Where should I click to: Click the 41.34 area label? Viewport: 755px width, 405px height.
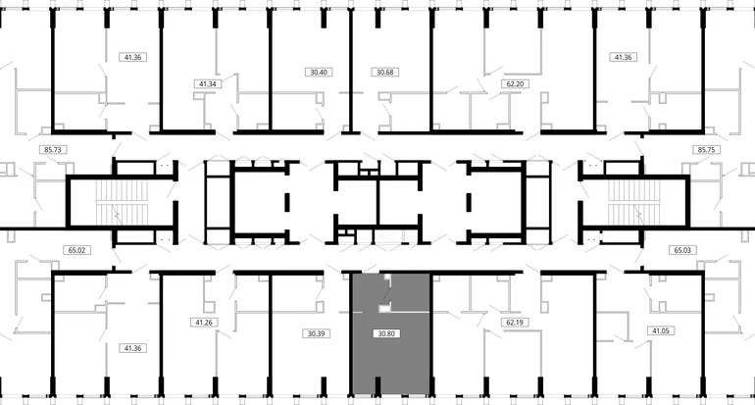click(x=208, y=83)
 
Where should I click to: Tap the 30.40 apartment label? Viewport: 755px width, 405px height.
click(x=319, y=73)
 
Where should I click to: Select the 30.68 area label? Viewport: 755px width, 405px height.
click(x=385, y=73)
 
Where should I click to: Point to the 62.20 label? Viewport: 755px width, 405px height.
click(x=515, y=83)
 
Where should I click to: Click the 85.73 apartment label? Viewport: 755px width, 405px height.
click(x=53, y=150)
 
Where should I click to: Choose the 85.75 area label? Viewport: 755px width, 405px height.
click(x=706, y=150)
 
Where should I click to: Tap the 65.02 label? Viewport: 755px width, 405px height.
click(x=76, y=250)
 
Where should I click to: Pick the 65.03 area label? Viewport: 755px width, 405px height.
click(x=682, y=250)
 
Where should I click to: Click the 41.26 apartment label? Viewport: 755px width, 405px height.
click(x=204, y=323)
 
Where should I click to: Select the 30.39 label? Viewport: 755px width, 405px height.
click(x=316, y=333)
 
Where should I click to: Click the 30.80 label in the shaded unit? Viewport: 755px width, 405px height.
click(x=386, y=333)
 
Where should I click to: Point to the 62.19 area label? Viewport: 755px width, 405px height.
click(x=514, y=323)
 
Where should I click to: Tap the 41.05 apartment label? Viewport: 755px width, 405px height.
click(x=660, y=330)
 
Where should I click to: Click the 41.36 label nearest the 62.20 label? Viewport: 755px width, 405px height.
click(x=623, y=57)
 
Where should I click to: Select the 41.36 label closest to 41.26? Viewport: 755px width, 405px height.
click(x=132, y=348)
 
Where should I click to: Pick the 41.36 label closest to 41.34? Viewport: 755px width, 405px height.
click(x=132, y=57)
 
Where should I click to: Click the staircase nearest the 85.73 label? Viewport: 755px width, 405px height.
click(x=122, y=203)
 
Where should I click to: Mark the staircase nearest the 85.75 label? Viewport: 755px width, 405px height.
click(x=633, y=203)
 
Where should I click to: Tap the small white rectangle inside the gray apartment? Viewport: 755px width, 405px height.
click(x=383, y=309)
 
